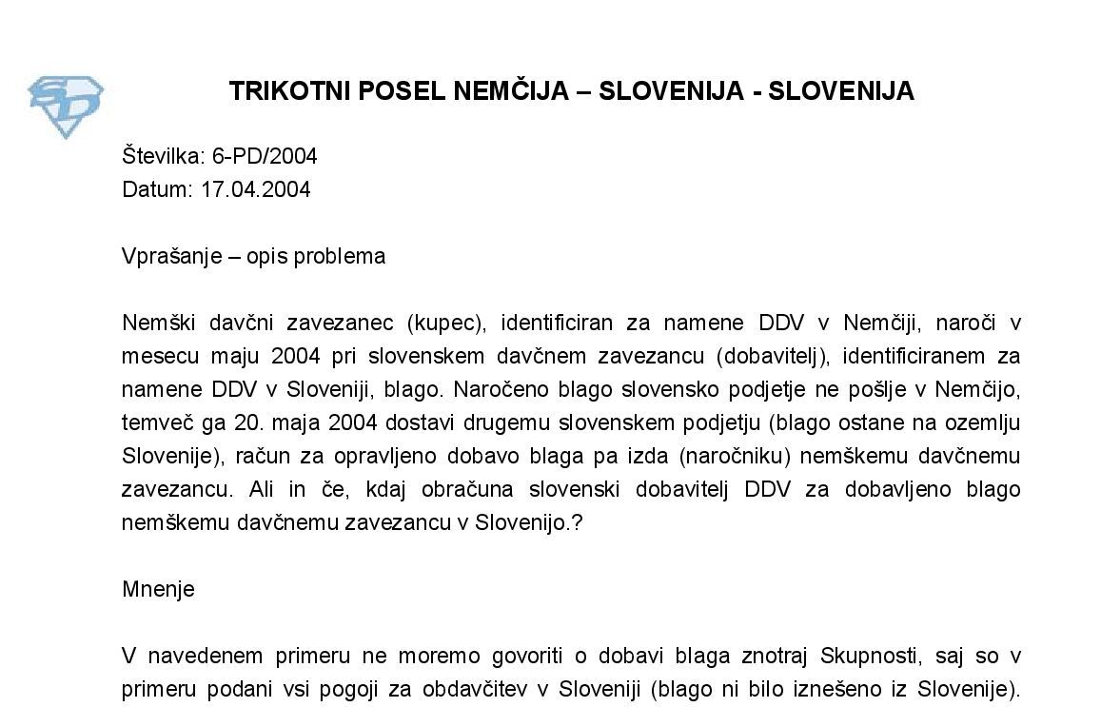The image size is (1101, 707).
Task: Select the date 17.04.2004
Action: tap(255, 189)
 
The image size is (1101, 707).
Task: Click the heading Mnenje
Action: tap(158, 589)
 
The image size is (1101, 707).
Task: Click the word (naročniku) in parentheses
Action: tap(736, 456)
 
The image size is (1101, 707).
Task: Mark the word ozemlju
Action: tap(984, 422)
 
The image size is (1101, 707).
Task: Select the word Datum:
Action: tap(157, 189)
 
